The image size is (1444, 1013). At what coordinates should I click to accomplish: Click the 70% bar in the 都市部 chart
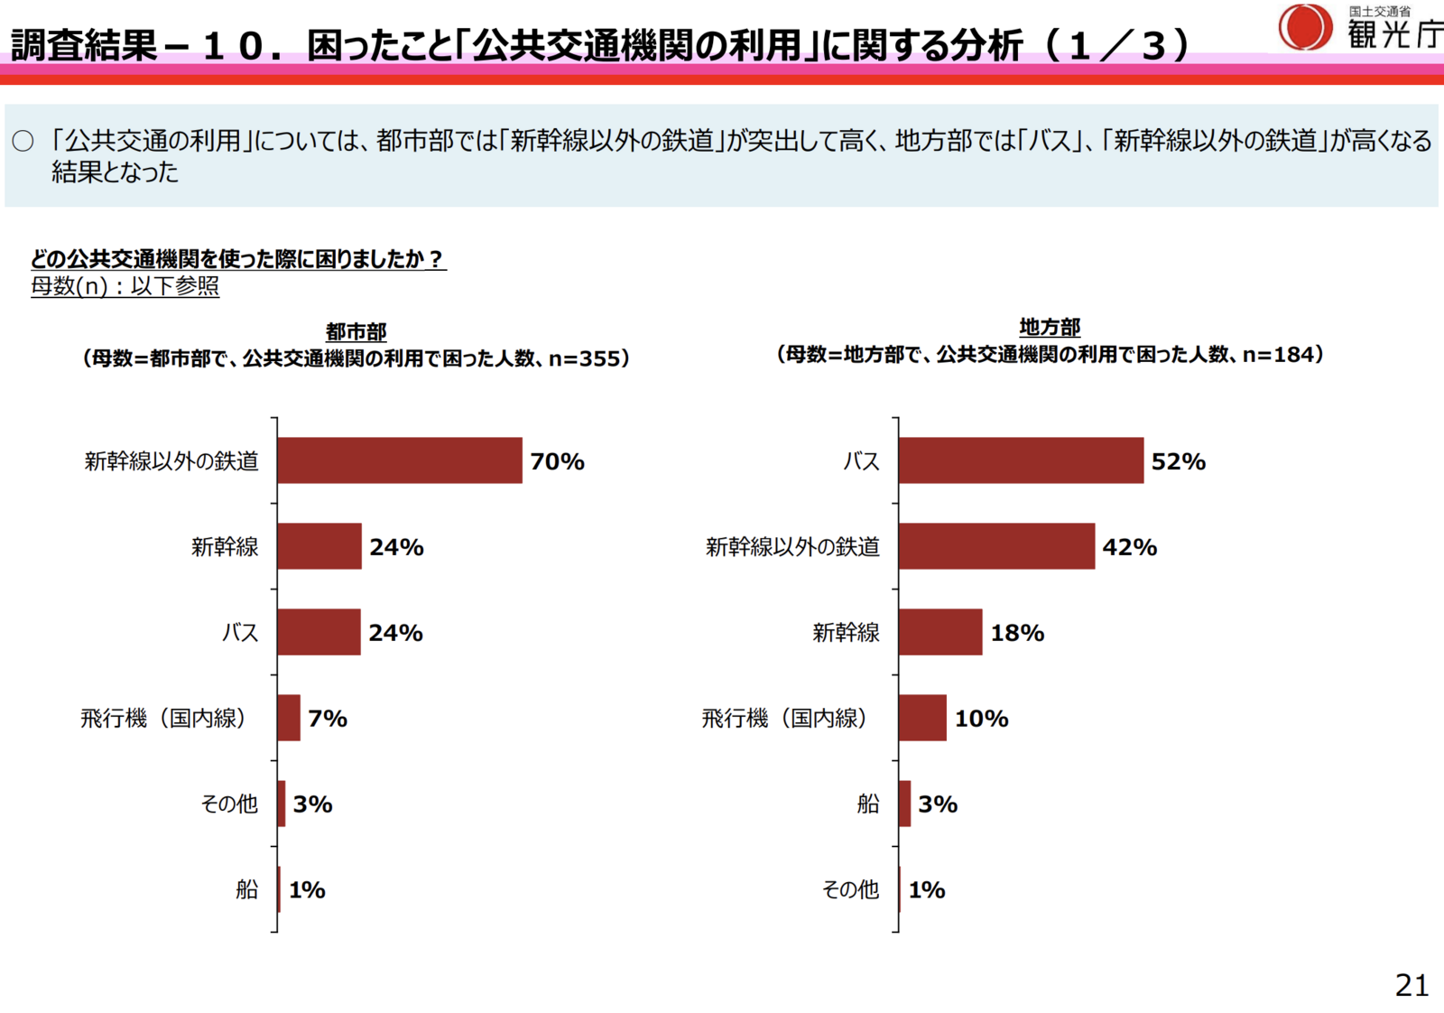(399, 460)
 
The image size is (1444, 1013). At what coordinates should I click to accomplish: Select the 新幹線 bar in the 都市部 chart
(319, 546)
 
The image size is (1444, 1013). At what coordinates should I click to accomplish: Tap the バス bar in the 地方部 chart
(1020, 460)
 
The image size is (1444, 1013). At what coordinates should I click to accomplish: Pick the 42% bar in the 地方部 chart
(995, 546)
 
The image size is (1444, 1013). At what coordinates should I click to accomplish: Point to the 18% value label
(1017, 633)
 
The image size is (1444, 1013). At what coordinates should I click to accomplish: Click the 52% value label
(1178, 461)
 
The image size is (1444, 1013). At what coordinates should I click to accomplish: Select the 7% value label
(327, 719)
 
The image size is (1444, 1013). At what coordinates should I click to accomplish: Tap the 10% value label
(981, 719)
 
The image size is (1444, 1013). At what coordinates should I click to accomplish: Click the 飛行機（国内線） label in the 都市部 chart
(163, 719)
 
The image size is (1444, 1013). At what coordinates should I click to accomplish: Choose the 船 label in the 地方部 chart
(867, 804)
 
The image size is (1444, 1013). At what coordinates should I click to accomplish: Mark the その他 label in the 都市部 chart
(229, 804)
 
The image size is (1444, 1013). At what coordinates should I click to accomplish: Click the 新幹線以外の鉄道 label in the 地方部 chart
(791, 546)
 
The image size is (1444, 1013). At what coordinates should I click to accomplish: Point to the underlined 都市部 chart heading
(356, 331)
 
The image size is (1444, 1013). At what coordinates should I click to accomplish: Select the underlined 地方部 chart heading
(1049, 327)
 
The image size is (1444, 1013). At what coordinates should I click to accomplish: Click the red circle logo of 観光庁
(1304, 27)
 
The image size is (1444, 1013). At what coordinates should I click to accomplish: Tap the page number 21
(1412, 985)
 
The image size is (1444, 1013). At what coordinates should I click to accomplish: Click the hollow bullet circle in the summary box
(23, 141)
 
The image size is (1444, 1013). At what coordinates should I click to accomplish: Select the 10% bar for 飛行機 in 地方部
(921, 718)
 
